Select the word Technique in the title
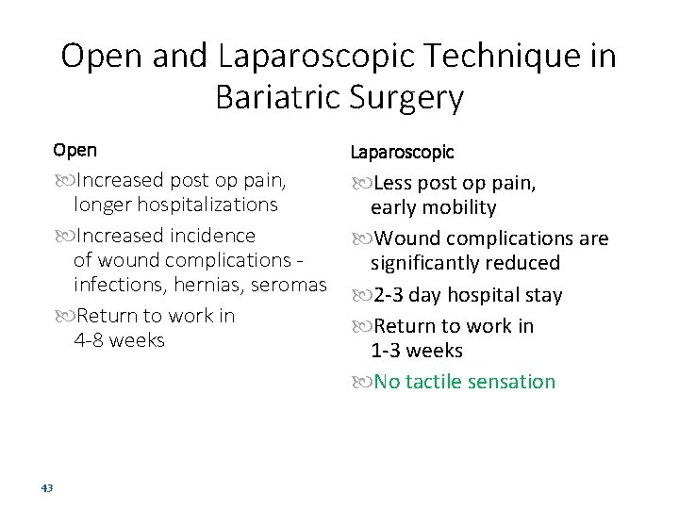click(497, 57)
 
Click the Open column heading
click(75, 150)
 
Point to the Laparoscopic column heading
click(402, 152)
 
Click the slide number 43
click(47, 487)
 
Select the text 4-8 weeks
click(119, 339)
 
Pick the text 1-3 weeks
click(417, 351)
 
